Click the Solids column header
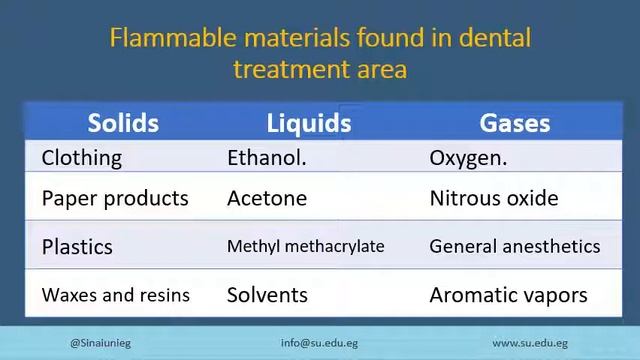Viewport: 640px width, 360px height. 123,123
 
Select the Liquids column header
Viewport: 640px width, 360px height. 309,123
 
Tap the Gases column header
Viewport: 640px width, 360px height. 515,123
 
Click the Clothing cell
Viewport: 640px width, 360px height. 82,158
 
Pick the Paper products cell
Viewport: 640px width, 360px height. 115,198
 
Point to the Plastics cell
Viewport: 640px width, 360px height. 77,247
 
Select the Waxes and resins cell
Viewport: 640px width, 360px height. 116,295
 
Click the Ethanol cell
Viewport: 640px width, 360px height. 267,158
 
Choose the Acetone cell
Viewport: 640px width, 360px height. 267,198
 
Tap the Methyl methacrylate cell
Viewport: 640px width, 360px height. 306,246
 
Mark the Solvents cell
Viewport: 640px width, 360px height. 267,295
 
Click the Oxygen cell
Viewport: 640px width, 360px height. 468,158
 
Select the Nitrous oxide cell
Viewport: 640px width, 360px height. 494,198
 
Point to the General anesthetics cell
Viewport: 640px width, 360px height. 515,246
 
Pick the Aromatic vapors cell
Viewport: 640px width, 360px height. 508,295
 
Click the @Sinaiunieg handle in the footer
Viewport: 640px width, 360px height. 100,342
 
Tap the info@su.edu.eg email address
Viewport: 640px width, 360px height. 319,342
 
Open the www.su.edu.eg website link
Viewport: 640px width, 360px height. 531,342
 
